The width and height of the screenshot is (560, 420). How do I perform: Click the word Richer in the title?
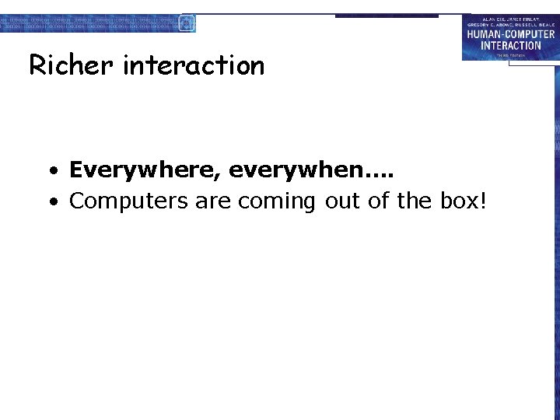pyautogui.click(x=71, y=65)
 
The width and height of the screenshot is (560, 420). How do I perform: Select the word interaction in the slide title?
pyautogui.click(x=194, y=65)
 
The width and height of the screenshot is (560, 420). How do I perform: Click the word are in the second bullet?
pyautogui.click(x=213, y=201)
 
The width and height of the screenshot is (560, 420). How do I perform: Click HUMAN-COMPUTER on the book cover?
pyautogui.click(x=511, y=34)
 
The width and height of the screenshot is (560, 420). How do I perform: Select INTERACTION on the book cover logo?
pyautogui.click(x=511, y=45)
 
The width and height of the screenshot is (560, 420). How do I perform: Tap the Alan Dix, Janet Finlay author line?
pyautogui.click(x=511, y=18)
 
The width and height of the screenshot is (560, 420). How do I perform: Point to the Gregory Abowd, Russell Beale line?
pyautogui.click(x=511, y=25)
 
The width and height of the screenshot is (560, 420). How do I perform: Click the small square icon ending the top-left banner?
pyautogui.click(x=187, y=23)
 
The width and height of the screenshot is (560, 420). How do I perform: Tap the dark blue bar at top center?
pyautogui.click(x=387, y=16)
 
